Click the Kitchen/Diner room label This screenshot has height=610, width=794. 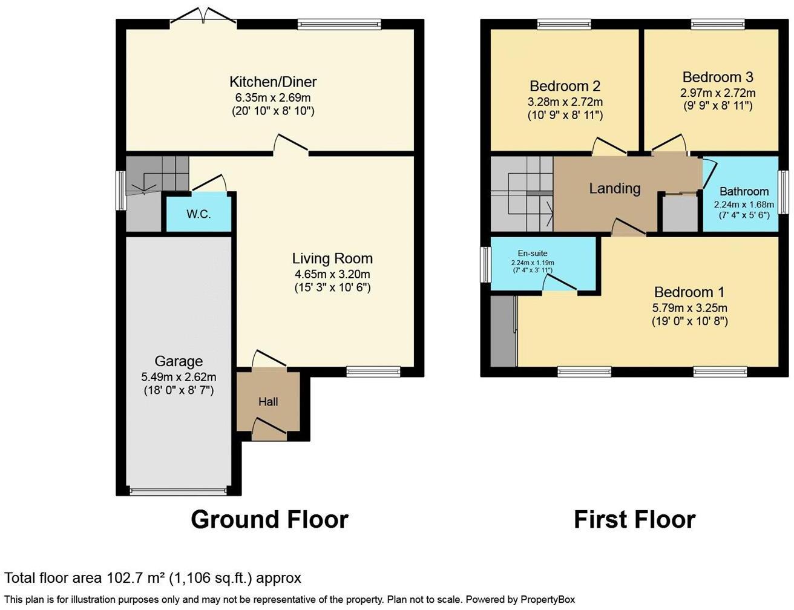click(x=273, y=82)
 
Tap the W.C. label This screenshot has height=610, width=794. click(x=198, y=214)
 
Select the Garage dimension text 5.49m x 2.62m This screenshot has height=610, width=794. click(x=179, y=376)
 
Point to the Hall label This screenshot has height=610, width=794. click(x=268, y=402)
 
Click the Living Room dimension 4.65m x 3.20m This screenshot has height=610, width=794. click(x=332, y=274)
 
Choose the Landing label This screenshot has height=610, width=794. click(x=615, y=188)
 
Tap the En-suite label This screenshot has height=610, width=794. click(x=533, y=253)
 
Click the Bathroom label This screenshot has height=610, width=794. click(x=744, y=191)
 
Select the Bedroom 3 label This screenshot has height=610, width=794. click(x=718, y=77)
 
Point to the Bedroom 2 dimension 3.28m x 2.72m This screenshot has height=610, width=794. click(x=565, y=102)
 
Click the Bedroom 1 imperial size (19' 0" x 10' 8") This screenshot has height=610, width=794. click(x=690, y=321)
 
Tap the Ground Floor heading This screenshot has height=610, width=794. click(x=270, y=519)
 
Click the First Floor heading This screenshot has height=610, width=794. click(x=635, y=519)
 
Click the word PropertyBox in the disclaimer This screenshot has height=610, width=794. click(x=548, y=599)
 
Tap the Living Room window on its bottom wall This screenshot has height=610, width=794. click(x=373, y=372)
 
